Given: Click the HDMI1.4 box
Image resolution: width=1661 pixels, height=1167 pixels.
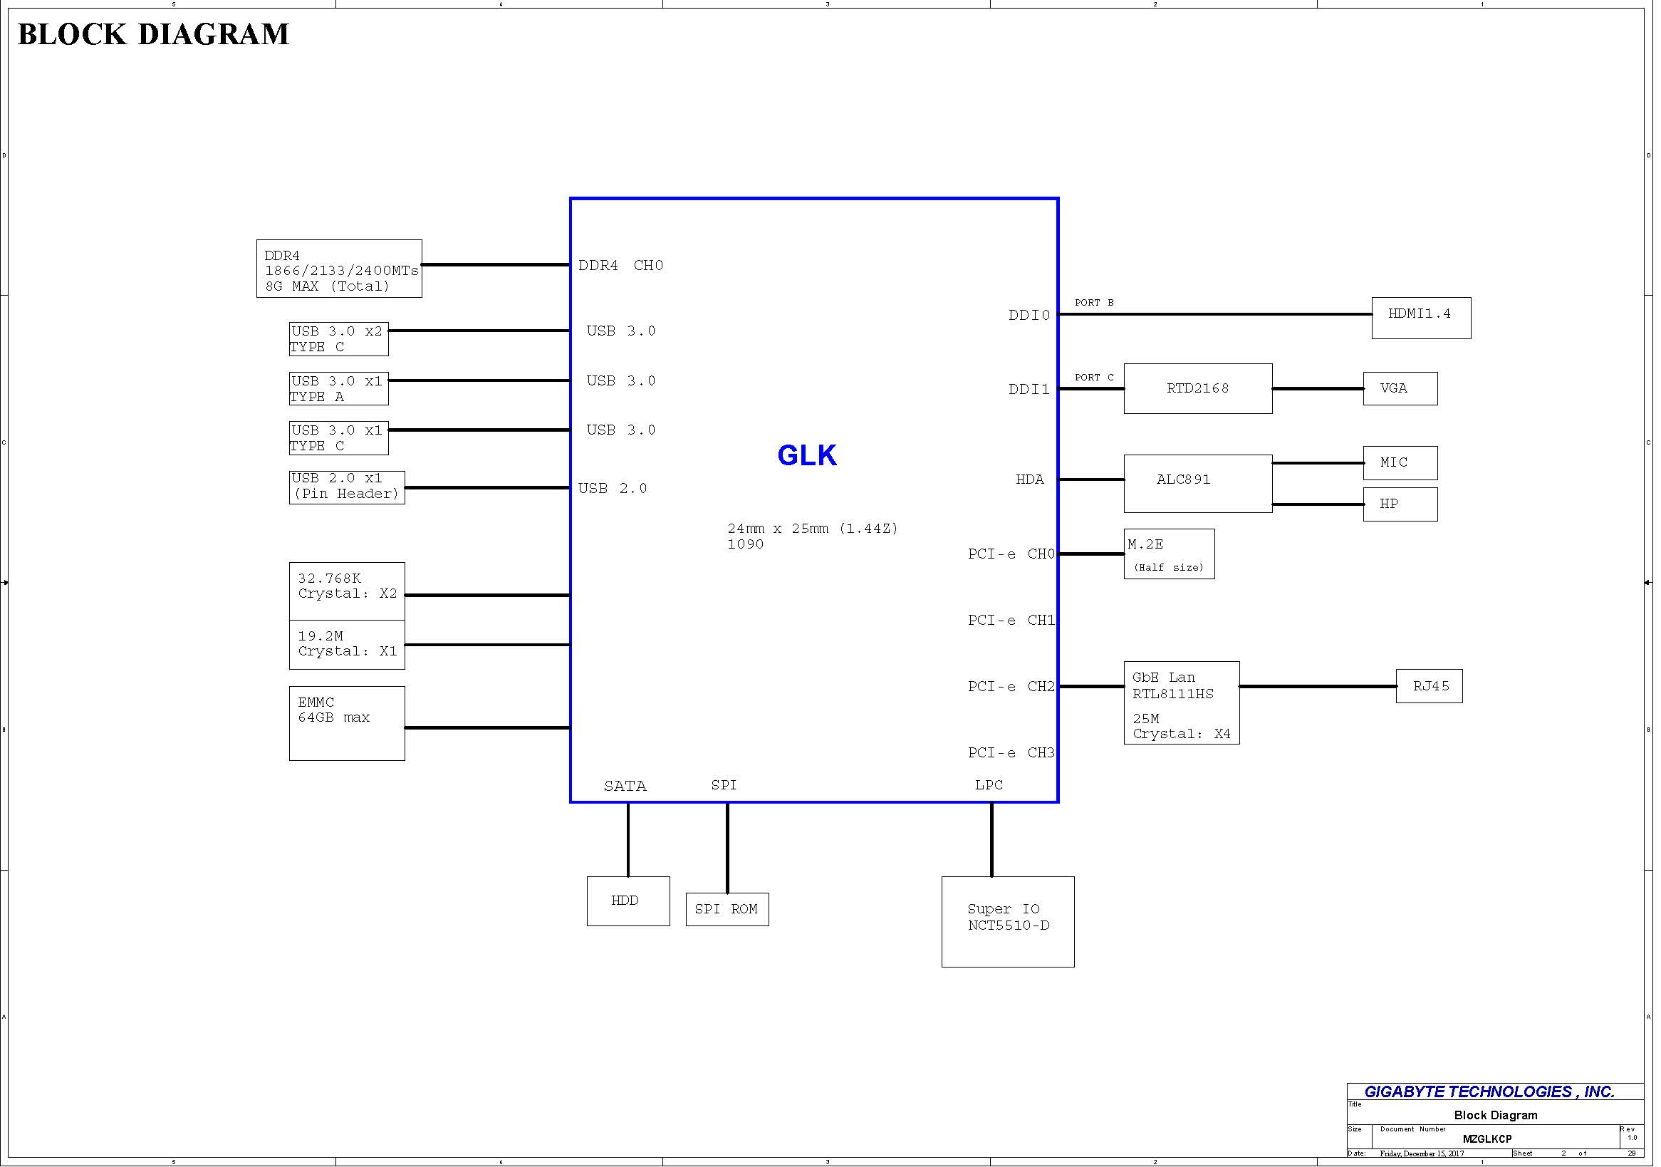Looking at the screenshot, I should (x=1420, y=318).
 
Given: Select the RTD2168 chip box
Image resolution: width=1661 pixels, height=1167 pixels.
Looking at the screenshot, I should (x=1197, y=388).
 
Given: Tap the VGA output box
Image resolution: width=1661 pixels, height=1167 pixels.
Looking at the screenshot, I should (x=1400, y=388).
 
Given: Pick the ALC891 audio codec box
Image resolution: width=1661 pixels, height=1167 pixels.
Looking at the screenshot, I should (x=1197, y=483).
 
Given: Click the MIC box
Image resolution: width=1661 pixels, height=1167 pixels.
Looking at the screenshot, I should (x=1400, y=463).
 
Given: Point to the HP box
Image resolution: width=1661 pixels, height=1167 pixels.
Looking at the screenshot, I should (x=1400, y=504).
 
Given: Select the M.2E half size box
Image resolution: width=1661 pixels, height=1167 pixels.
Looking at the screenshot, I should (x=1168, y=554).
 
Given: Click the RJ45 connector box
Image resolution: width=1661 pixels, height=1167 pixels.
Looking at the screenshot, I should (x=1429, y=686).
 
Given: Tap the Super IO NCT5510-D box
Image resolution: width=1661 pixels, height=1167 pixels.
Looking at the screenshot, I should (x=1008, y=922).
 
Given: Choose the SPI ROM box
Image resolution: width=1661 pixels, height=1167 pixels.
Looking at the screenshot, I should (x=727, y=909).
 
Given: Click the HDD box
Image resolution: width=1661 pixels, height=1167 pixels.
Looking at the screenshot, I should (x=628, y=901).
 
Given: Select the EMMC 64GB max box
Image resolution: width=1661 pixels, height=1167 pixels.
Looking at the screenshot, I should (x=347, y=723).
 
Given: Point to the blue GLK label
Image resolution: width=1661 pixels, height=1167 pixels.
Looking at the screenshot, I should (x=806, y=456).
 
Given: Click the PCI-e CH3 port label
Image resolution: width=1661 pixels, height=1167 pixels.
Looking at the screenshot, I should (x=1011, y=753).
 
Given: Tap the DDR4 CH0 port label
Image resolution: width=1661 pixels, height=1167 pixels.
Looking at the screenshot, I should (x=620, y=266).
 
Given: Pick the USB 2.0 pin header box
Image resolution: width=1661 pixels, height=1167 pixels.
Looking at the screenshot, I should (x=347, y=487).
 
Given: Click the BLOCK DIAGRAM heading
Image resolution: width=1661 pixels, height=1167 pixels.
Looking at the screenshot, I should (x=153, y=34).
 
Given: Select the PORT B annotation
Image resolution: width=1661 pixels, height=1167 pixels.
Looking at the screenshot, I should (x=1094, y=303).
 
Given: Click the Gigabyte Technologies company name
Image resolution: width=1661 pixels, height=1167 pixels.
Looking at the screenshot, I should (x=1489, y=1091).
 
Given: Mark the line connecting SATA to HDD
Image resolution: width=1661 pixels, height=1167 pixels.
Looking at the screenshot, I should (x=628, y=839).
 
